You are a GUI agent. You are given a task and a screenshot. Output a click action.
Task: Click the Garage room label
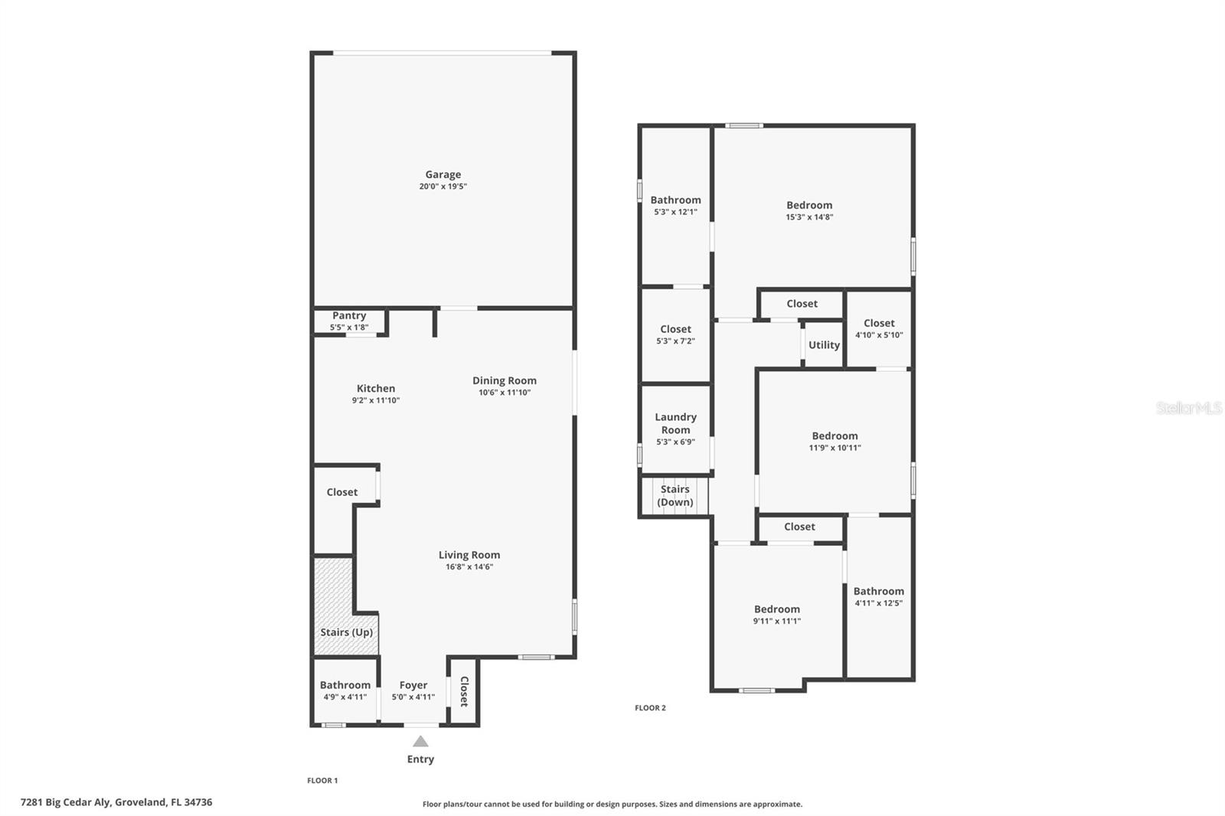tap(443, 175)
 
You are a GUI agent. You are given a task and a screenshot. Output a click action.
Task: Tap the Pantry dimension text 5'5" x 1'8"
tap(349, 328)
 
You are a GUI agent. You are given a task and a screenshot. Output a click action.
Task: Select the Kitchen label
tap(375, 388)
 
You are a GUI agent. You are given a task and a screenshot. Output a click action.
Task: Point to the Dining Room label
tap(504, 380)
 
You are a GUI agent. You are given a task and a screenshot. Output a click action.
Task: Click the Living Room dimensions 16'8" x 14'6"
tap(469, 567)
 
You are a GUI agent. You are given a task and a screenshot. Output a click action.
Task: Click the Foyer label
tap(413, 685)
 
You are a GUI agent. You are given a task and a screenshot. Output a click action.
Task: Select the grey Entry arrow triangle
tap(420, 741)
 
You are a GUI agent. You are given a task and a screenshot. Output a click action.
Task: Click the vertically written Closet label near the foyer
tap(464, 691)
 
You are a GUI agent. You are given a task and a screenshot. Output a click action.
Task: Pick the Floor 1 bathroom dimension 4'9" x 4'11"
tap(345, 697)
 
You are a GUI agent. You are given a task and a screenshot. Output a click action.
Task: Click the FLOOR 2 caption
tap(650, 708)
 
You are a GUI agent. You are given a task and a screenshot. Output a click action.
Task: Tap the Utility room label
tap(824, 345)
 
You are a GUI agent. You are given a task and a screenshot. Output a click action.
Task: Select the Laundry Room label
tap(675, 423)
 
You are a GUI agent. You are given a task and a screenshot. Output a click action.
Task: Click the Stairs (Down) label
tap(675, 496)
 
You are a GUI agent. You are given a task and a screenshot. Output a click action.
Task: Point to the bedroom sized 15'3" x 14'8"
tap(809, 211)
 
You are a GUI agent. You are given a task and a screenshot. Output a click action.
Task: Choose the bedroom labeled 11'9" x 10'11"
tap(835, 442)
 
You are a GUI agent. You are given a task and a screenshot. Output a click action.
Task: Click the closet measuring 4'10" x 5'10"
tap(879, 329)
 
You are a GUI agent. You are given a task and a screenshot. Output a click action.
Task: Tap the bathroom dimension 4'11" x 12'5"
tap(879, 603)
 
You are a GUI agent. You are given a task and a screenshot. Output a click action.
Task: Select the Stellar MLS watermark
tap(1188, 408)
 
